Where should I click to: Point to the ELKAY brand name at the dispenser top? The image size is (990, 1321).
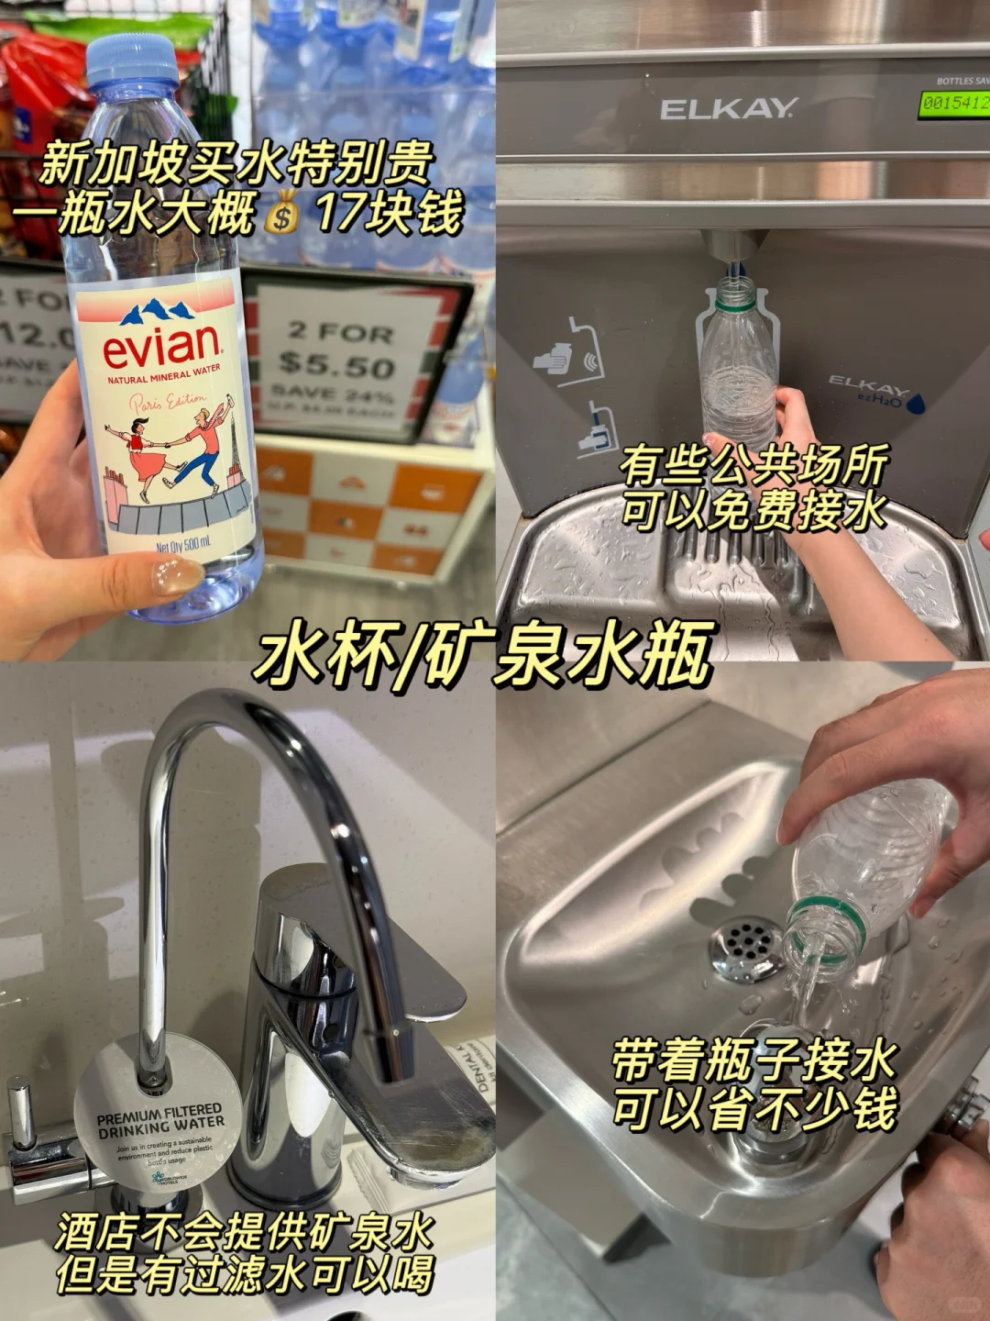point(729,109)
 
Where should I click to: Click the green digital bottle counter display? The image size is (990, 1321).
point(954,103)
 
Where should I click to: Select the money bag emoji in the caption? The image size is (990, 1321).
point(282,217)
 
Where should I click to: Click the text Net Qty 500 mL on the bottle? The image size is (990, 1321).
point(182,544)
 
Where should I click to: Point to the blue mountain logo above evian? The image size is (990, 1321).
point(162,313)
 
